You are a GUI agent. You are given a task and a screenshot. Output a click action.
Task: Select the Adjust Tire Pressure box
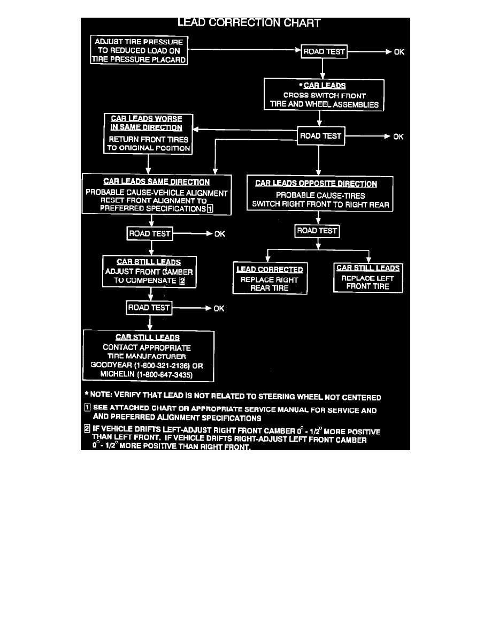[x=139, y=50]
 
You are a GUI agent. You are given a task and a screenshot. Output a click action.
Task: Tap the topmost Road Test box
[x=324, y=52]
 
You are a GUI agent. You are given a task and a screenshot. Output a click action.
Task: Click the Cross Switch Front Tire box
[x=324, y=95]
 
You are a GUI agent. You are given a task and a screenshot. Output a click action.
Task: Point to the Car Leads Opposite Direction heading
[x=316, y=184]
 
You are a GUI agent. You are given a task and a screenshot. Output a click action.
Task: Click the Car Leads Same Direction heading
[x=157, y=182]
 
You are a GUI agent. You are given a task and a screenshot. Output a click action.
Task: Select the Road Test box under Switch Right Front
[x=317, y=231]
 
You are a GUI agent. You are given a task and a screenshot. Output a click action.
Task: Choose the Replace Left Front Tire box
[x=367, y=277]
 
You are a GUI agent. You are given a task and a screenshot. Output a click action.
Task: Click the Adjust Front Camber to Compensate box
[x=149, y=271]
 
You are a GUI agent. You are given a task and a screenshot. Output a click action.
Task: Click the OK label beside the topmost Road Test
[x=399, y=52]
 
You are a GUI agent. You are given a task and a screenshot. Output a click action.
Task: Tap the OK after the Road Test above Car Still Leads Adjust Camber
[x=219, y=234]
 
